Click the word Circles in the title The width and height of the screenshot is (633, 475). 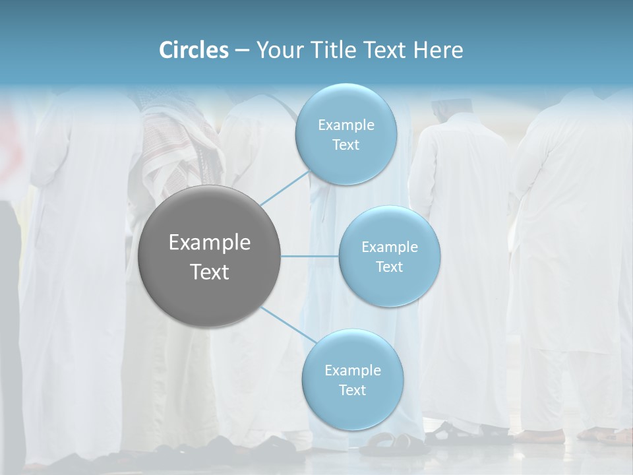(x=193, y=50)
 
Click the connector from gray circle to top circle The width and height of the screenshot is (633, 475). (x=284, y=187)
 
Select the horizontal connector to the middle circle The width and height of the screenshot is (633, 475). (x=309, y=256)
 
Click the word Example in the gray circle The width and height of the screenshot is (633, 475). (x=209, y=243)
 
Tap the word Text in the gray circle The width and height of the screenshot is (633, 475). (x=209, y=272)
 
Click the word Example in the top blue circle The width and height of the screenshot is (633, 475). (x=346, y=125)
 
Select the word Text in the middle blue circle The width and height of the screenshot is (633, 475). (x=389, y=267)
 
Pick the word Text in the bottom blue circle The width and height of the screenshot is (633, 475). (x=352, y=390)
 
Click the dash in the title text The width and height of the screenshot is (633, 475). (x=242, y=51)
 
